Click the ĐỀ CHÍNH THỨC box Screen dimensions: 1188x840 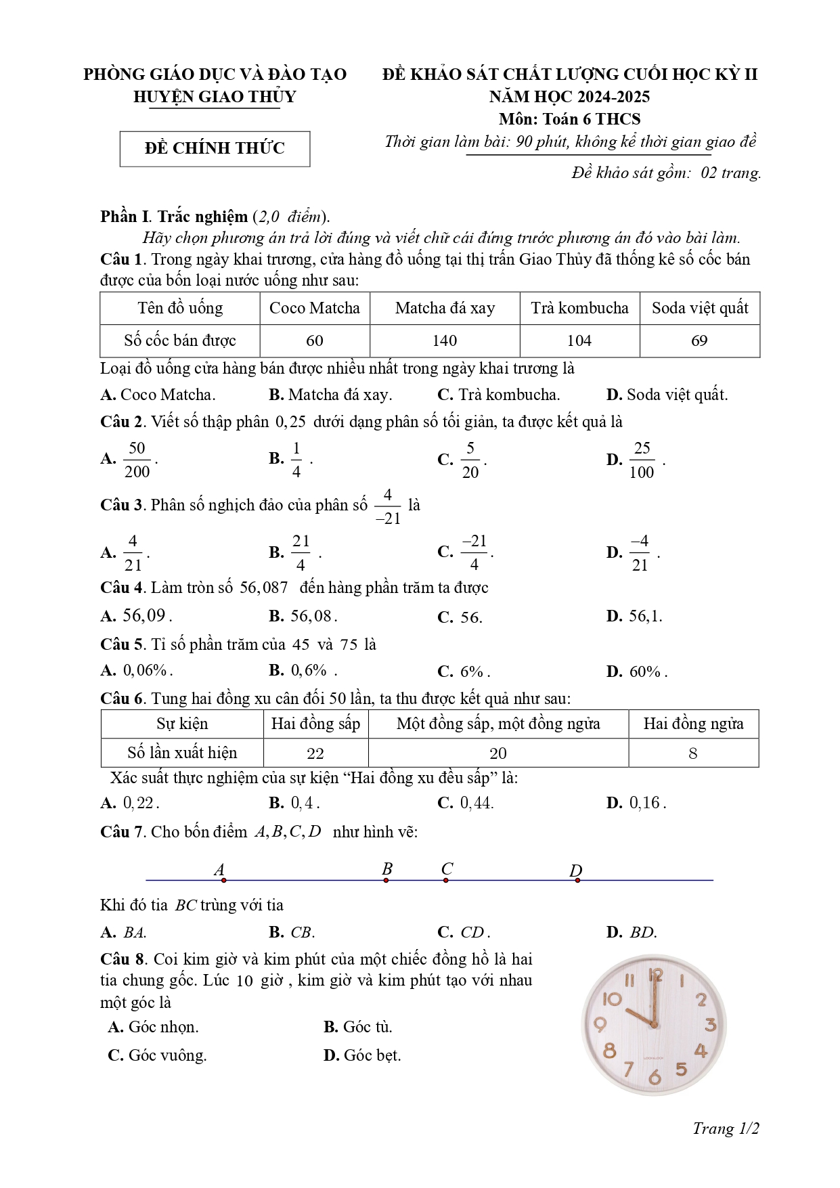click(x=215, y=149)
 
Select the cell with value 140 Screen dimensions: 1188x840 click(x=445, y=340)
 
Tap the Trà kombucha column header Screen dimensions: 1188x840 click(x=579, y=308)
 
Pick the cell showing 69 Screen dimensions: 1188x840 click(x=699, y=340)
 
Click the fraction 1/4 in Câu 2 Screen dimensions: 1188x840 click(x=296, y=460)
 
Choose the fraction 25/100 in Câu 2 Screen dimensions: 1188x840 click(x=642, y=460)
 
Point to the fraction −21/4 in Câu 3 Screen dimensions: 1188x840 click(x=474, y=553)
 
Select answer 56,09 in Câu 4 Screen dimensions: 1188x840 click(x=143, y=616)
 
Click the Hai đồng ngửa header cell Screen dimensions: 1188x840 click(x=693, y=724)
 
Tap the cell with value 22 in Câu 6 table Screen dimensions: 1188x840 click(x=315, y=753)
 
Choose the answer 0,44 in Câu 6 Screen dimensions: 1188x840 click(x=477, y=803)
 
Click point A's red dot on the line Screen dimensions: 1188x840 click(x=223, y=880)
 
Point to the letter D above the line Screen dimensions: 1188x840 click(x=575, y=871)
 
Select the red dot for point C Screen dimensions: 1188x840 click(x=445, y=880)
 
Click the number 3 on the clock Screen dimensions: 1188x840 click(x=710, y=1025)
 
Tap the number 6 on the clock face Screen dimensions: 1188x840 click(x=655, y=1076)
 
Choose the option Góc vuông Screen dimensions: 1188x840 click(x=167, y=1055)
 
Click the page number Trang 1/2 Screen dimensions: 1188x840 click(x=726, y=1128)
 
